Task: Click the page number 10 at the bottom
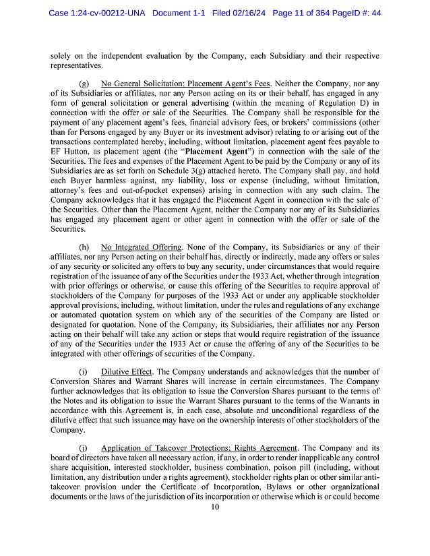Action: click(214, 507)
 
